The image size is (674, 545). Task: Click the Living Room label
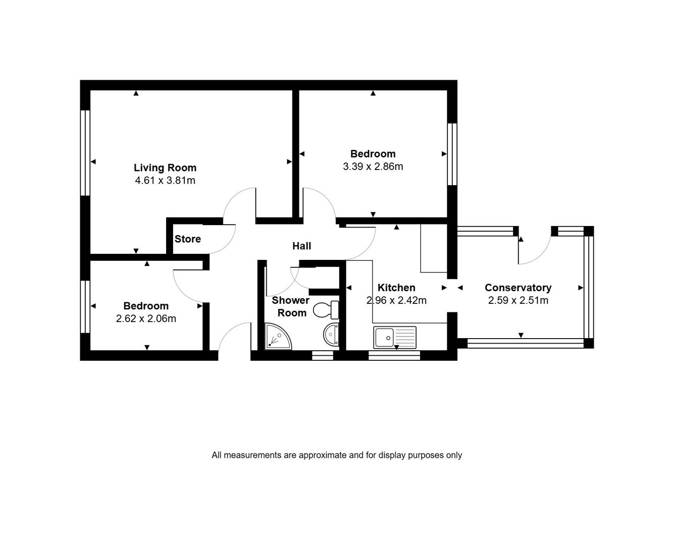point(165,168)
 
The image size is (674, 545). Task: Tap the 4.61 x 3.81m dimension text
point(165,180)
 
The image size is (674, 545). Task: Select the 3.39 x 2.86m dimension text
point(373,167)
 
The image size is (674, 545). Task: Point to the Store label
point(188,239)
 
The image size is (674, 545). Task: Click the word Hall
point(301,246)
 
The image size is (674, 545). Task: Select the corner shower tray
point(278,336)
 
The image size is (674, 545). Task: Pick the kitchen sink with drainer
point(395,337)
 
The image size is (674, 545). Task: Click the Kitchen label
point(396,288)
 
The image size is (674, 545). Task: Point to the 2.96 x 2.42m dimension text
point(396,300)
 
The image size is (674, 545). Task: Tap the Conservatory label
point(518,288)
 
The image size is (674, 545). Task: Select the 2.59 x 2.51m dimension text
point(518,300)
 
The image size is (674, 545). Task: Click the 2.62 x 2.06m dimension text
point(146,318)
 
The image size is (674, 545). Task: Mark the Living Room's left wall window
point(85,153)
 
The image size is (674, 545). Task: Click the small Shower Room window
point(323,355)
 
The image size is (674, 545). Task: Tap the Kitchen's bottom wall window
point(394,355)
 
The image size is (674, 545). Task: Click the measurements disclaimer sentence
point(337,455)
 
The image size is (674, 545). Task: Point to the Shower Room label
point(290,306)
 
